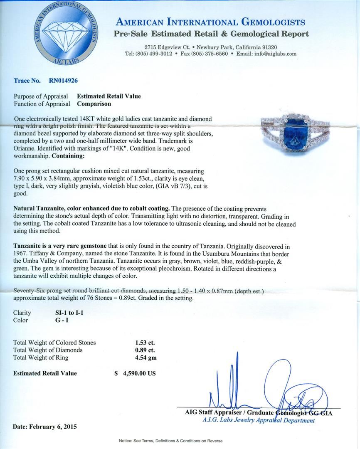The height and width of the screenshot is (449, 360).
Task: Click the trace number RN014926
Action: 63,81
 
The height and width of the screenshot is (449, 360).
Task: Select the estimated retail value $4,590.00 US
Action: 135,373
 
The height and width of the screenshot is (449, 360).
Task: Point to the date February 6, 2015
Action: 45,427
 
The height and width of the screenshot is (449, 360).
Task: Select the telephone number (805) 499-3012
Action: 148,54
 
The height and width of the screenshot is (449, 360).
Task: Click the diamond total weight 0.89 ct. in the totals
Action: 142,350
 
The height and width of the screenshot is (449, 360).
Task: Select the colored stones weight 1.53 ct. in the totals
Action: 142,343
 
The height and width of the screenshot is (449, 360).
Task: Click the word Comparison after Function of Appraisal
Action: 94,104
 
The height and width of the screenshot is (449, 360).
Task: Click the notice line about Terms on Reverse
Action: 171,441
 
